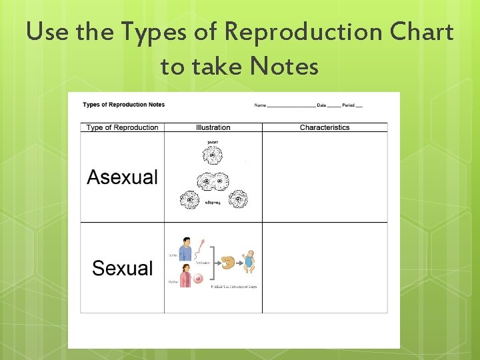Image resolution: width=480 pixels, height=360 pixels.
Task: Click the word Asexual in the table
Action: pos(123,177)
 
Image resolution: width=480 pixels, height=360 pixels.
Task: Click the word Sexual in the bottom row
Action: pos(123,269)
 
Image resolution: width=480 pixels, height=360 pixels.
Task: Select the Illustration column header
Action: pos(213,127)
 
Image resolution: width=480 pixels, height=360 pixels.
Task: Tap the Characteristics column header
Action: pos(325,127)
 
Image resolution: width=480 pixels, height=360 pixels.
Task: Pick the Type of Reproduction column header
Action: pos(123,127)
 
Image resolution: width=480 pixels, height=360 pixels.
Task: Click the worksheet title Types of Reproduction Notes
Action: pos(123,105)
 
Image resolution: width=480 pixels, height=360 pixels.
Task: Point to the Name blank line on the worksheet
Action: pos(291,106)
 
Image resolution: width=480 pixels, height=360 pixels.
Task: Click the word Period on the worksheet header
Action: pos(349,105)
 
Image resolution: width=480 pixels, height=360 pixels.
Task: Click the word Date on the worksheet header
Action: pos(322,105)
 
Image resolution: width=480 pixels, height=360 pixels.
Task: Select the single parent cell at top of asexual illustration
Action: pos(213,157)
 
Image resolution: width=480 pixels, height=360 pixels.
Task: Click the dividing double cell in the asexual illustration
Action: pos(213,181)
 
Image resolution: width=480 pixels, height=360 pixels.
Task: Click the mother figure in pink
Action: pos(185,275)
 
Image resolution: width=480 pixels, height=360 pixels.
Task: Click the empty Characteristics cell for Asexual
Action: pos(325,177)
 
